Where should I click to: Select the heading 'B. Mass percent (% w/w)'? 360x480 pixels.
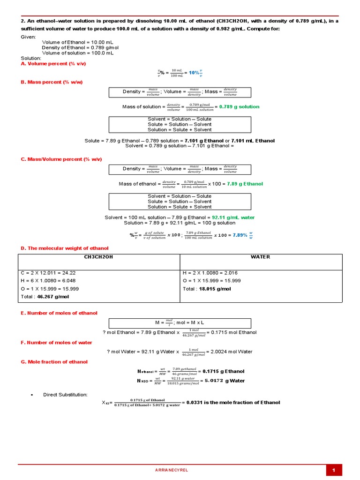point(52,82)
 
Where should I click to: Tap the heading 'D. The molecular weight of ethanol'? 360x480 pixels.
point(65,248)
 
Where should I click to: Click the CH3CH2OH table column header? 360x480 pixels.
point(98,257)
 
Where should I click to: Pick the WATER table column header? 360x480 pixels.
point(261,257)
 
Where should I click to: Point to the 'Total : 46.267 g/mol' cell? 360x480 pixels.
point(43,297)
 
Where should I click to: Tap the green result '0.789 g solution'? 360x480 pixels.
point(239,106)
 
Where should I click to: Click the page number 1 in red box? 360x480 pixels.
point(334,470)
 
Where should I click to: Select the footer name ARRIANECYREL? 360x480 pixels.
point(171,470)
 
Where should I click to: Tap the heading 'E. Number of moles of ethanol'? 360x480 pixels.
point(59,313)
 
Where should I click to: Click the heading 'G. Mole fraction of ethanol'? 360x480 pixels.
point(54,362)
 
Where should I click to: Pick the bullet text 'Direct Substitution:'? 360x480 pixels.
point(65,395)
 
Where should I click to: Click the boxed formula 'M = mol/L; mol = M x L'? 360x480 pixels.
point(180,323)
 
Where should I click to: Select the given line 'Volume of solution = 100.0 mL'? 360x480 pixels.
point(78,53)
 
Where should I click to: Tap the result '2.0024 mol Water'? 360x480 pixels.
point(232,352)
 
